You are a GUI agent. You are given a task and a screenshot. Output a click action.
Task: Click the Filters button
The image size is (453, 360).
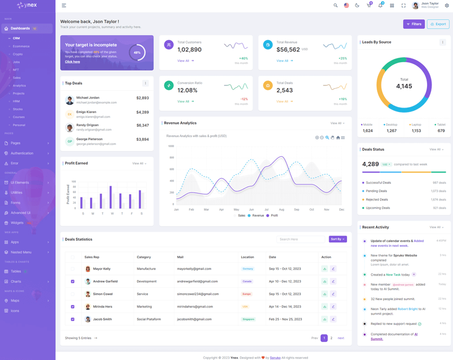[x=414, y=24]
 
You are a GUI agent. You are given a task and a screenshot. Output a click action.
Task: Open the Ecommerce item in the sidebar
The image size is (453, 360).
[x=22, y=46]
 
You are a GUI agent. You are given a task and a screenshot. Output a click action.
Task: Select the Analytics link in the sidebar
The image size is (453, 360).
[x=19, y=85]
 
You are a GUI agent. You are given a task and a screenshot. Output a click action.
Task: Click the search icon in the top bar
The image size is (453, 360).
[x=335, y=6]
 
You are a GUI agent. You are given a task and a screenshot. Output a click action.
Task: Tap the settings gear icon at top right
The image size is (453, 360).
[x=447, y=6]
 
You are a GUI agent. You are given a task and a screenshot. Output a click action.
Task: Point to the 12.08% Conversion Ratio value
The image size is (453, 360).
[x=187, y=91]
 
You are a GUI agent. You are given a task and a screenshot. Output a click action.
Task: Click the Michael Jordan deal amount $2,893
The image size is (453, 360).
[x=143, y=98]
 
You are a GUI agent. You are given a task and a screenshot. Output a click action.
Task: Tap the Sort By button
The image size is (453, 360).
[x=337, y=239]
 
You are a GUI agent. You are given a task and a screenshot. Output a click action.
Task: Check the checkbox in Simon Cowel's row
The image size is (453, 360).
[x=72, y=294]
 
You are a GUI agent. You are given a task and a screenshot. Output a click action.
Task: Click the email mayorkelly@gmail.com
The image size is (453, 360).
[x=194, y=269]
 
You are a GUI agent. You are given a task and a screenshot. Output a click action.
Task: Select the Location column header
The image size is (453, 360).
[x=247, y=257]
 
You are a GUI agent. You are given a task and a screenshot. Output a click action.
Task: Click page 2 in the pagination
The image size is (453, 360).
[x=331, y=338]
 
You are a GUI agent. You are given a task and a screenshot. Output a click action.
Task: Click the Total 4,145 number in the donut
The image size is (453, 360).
[x=404, y=87]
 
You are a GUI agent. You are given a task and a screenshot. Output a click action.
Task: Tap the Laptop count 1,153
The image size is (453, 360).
[x=416, y=131]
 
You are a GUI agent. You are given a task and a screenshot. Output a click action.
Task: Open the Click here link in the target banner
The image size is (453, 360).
[x=72, y=62]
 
